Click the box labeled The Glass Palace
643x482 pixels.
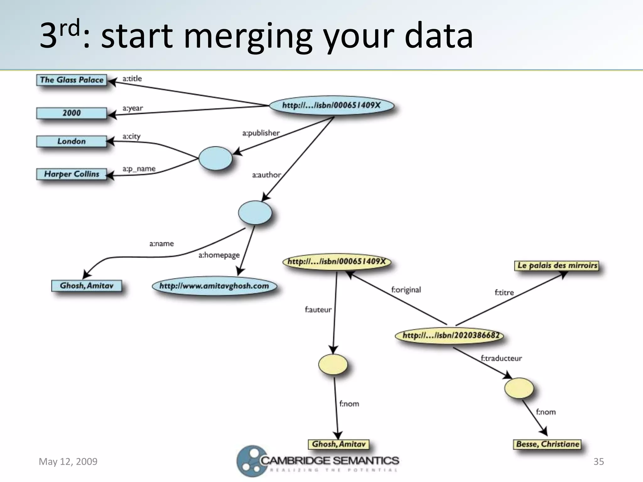[x=72, y=80]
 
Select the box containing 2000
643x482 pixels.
[x=72, y=113]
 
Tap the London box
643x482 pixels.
[x=72, y=141]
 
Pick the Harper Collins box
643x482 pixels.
[x=72, y=174]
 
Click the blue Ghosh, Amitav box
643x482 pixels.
[x=87, y=286]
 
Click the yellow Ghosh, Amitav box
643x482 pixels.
[x=338, y=444]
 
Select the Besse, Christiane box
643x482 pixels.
[x=547, y=444]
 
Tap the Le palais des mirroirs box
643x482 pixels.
[x=557, y=265]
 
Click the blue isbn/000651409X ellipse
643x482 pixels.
[x=332, y=105]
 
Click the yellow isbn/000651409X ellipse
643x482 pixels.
[x=337, y=262]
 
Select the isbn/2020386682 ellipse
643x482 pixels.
[x=450, y=335]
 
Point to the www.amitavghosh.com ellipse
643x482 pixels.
[x=214, y=286]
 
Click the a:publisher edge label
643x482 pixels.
[x=261, y=133]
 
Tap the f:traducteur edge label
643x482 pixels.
[x=501, y=358]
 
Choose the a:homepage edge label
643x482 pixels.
[x=219, y=255]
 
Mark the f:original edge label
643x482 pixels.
[x=406, y=290]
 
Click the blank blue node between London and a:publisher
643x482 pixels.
[x=215, y=158]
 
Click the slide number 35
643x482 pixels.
[x=598, y=462]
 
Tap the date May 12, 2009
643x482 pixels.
[x=68, y=462]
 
